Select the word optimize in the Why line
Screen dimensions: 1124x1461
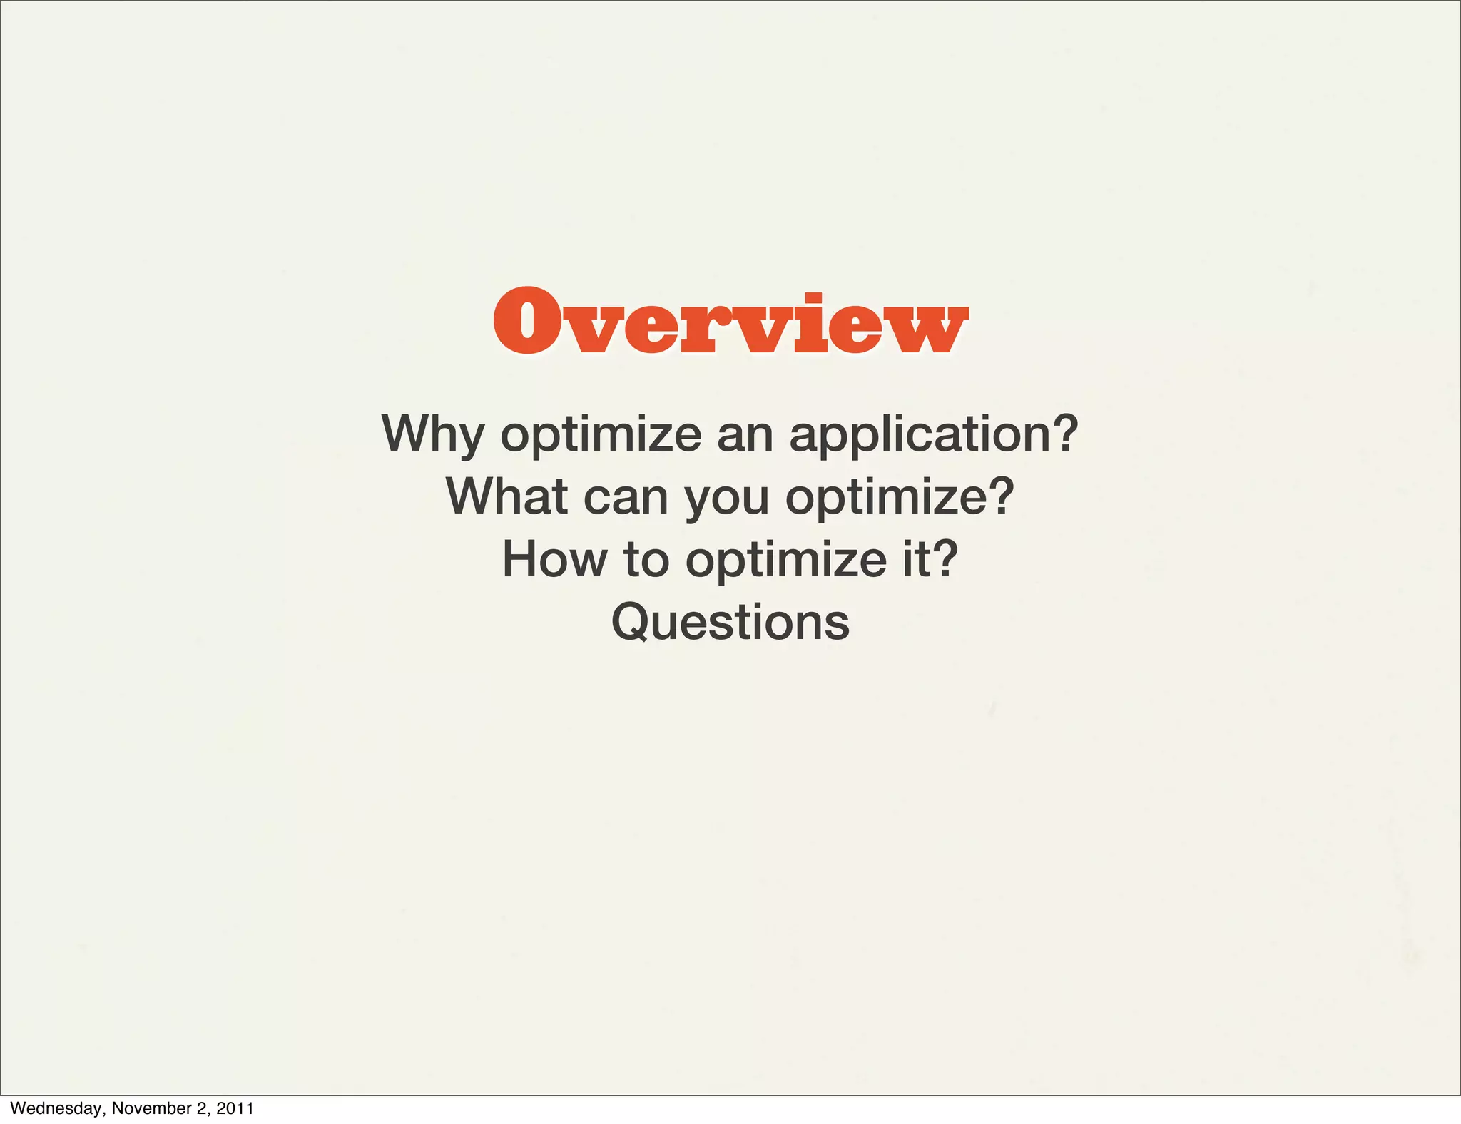point(601,435)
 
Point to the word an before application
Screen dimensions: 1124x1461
point(745,435)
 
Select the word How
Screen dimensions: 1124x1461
point(555,559)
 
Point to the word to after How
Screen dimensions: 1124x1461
point(646,559)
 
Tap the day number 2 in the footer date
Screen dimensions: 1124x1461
point(201,1108)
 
